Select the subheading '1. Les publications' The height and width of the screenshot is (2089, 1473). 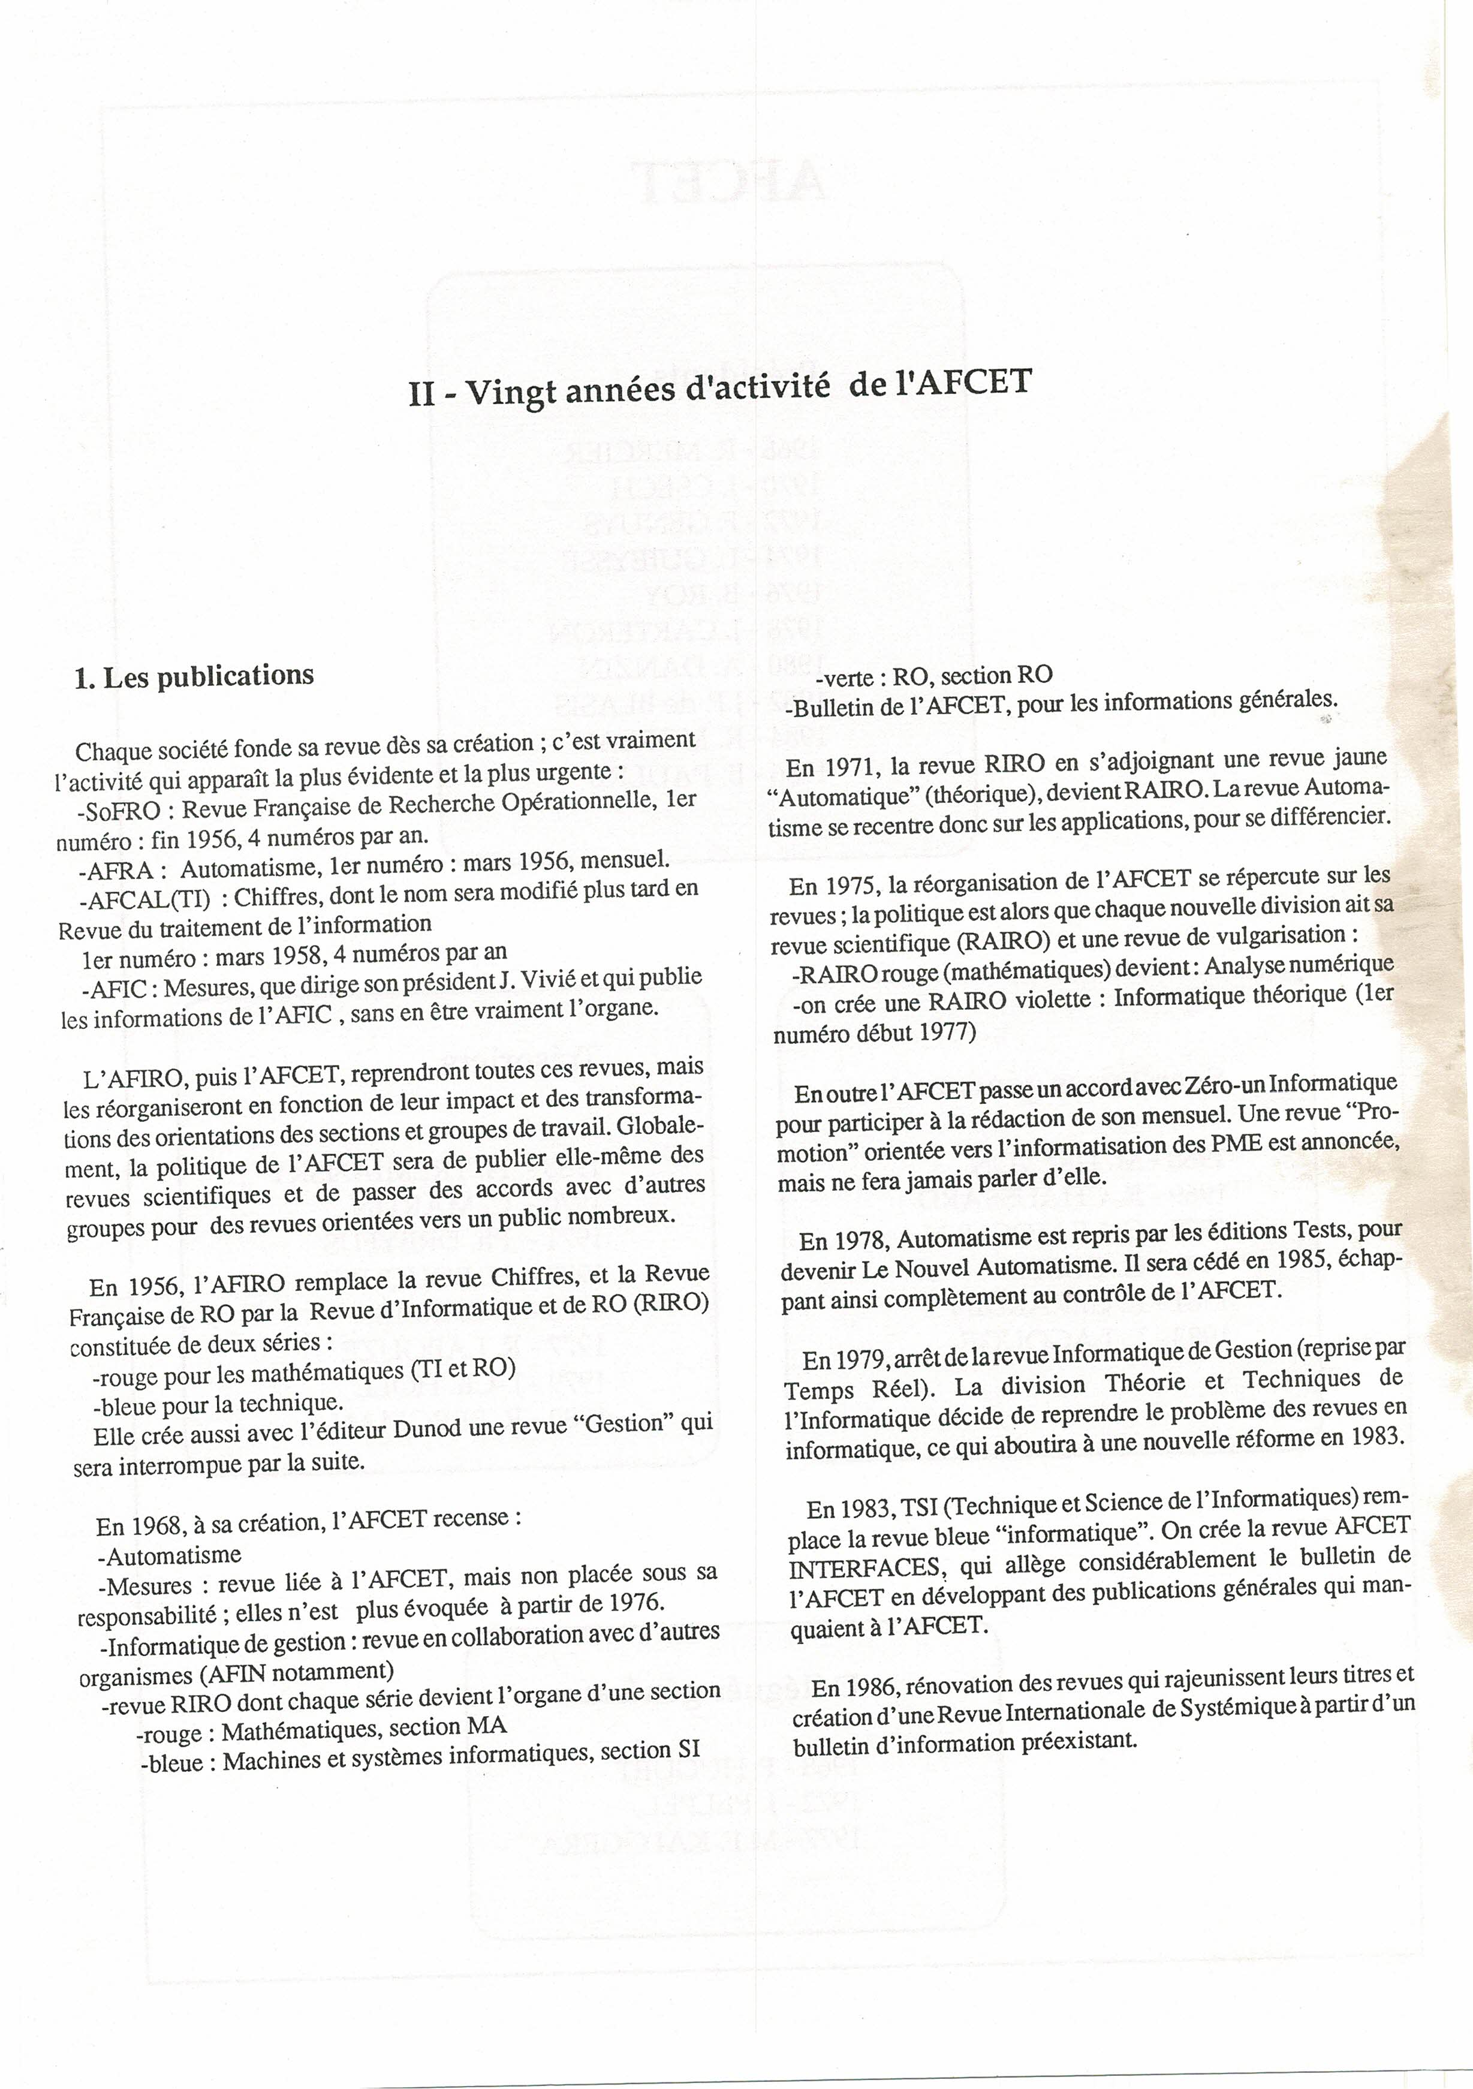194,676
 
